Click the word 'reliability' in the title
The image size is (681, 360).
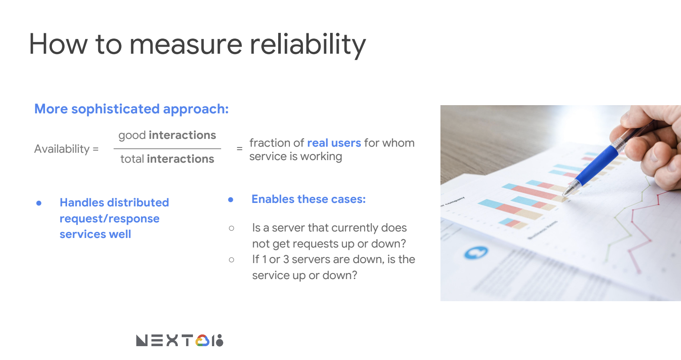click(308, 45)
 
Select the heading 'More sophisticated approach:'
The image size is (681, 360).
click(132, 109)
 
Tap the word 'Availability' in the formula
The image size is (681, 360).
click(62, 149)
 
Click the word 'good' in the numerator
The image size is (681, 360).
click(132, 135)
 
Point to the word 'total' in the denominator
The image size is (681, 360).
click(132, 159)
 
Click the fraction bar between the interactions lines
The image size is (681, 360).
click(167, 149)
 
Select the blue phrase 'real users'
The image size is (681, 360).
click(334, 143)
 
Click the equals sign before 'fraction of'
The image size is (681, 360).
click(240, 149)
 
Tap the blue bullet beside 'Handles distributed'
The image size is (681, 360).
click(39, 203)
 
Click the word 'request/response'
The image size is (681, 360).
click(109, 219)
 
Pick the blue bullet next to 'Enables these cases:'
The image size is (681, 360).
click(231, 199)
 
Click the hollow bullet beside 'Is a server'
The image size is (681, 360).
click(231, 228)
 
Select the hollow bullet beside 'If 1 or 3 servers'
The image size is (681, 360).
click(231, 260)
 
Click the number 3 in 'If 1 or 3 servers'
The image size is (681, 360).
click(286, 259)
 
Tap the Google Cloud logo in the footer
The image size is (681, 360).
click(202, 341)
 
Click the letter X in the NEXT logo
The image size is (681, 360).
click(172, 341)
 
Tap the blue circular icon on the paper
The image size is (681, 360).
click(476, 253)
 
